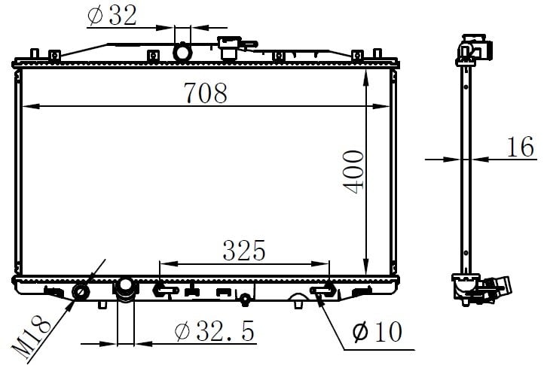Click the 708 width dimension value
(x=206, y=93)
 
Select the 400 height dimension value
(x=353, y=172)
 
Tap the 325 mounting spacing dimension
(x=244, y=251)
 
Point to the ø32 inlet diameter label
(x=112, y=16)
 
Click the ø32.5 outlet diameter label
(x=215, y=331)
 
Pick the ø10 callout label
(x=377, y=332)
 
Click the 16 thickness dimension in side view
(x=521, y=147)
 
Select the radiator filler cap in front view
(x=229, y=47)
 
